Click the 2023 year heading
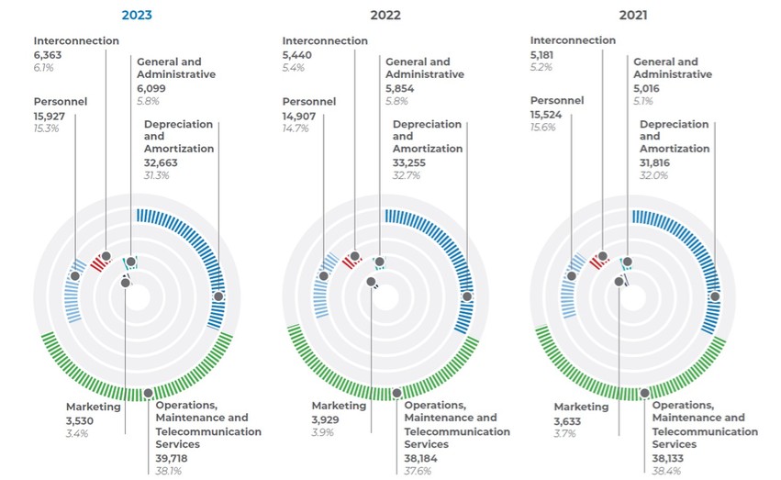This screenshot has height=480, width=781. [137, 15]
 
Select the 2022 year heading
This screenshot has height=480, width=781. [385, 15]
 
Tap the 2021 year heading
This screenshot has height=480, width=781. [634, 15]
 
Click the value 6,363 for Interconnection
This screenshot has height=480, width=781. [50, 54]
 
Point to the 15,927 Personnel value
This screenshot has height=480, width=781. [53, 115]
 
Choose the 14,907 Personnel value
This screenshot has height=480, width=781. [302, 116]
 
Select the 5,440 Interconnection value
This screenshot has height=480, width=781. [299, 54]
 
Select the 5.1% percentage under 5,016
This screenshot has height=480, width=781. [645, 102]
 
